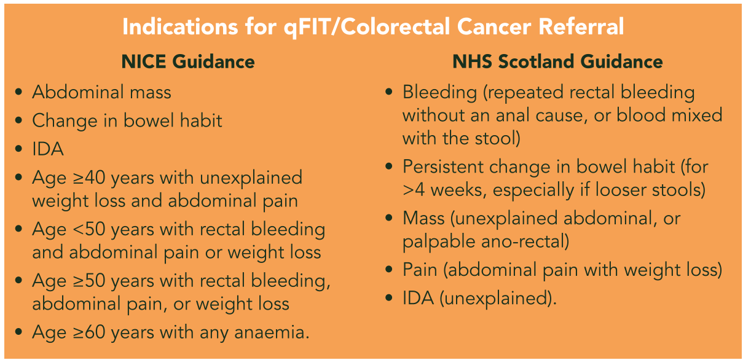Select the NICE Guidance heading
(188, 61)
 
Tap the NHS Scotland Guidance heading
(557, 61)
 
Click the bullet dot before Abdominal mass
(19, 92)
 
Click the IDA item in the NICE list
(48, 149)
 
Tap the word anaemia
(272, 333)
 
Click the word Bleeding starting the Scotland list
(439, 92)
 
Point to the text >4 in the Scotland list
(414, 190)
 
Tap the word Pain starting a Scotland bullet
(420, 270)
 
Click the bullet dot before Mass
(389, 218)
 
